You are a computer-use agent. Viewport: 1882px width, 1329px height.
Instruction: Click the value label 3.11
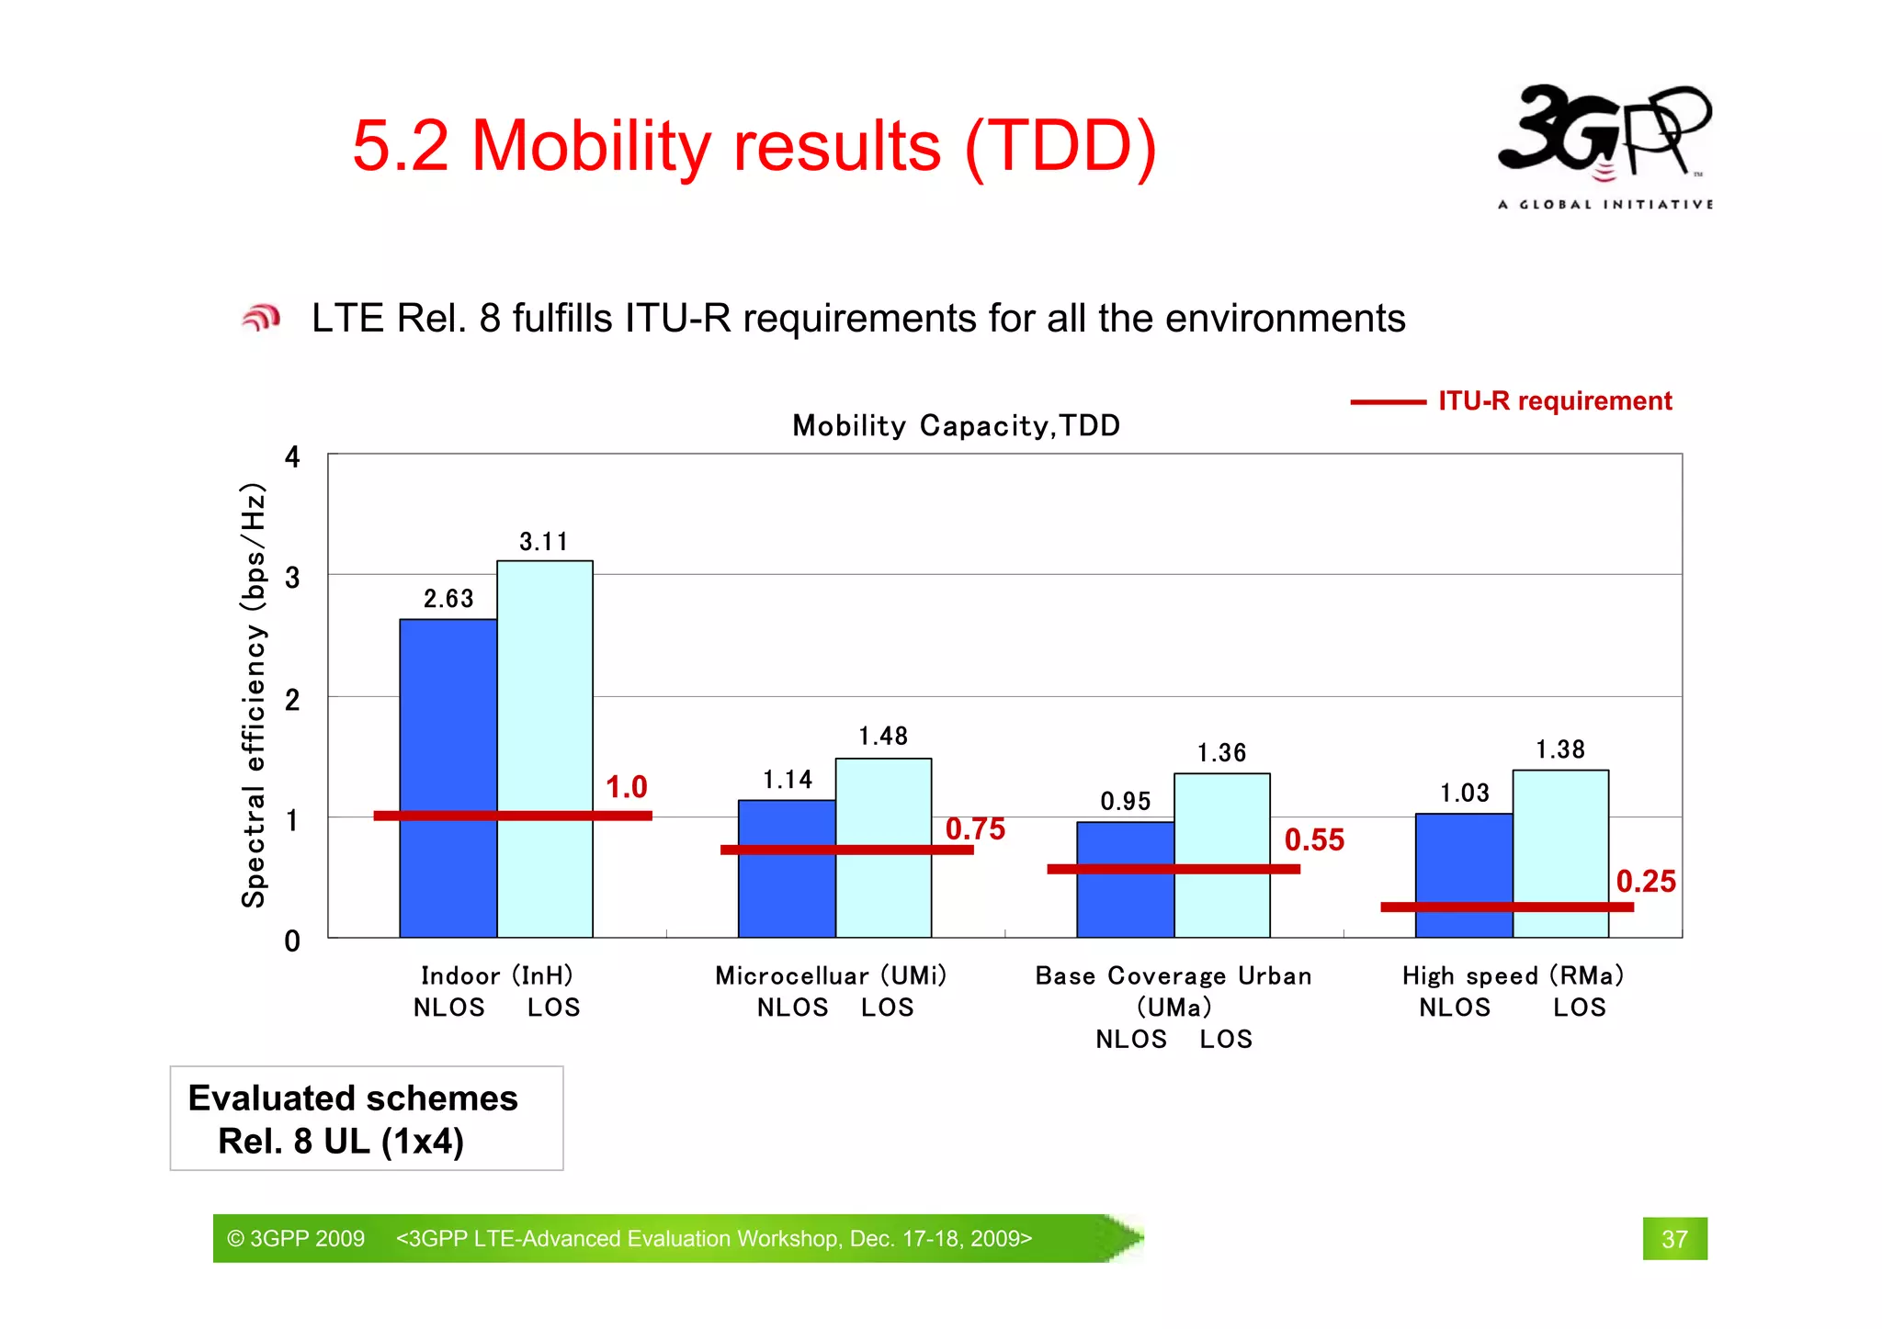[543, 542]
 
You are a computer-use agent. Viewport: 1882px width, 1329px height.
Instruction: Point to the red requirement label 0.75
[975, 828]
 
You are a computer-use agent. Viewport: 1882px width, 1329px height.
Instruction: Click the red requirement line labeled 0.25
[1507, 907]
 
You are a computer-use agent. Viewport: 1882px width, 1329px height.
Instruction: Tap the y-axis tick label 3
[292, 578]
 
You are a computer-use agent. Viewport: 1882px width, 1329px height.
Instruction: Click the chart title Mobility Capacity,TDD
[956, 425]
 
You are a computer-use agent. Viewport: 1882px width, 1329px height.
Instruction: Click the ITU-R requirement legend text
[1555, 401]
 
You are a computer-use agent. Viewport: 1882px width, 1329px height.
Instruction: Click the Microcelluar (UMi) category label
[831, 975]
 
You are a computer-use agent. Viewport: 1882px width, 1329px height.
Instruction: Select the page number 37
[1674, 1239]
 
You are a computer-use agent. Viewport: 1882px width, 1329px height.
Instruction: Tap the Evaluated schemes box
[366, 1118]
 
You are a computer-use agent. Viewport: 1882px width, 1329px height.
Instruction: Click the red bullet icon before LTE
[261, 319]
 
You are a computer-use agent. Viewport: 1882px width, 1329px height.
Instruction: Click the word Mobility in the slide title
[591, 146]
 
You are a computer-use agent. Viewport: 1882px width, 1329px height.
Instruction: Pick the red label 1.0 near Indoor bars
[627, 787]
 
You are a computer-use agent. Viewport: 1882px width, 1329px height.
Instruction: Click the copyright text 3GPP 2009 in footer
[297, 1239]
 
